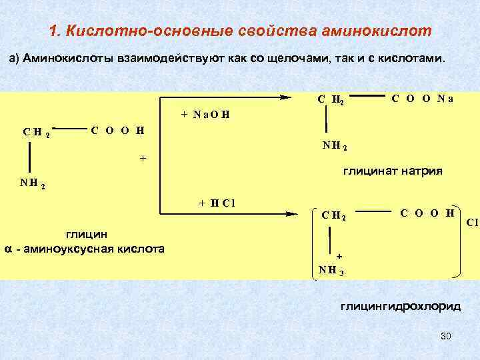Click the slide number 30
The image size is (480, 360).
pyautogui.click(x=446, y=335)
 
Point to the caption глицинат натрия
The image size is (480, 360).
pyautogui.click(x=392, y=171)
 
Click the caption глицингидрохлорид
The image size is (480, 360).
pyautogui.click(x=400, y=307)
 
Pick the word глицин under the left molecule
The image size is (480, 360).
pyautogui.click(x=85, y=234)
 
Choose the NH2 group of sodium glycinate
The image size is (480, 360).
pyautogui.click(x=334, y=144)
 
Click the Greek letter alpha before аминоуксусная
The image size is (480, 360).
pyautogui.click(x=9, y=249)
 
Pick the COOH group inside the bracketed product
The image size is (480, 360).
pyautogui.click(x=427, y=213)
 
